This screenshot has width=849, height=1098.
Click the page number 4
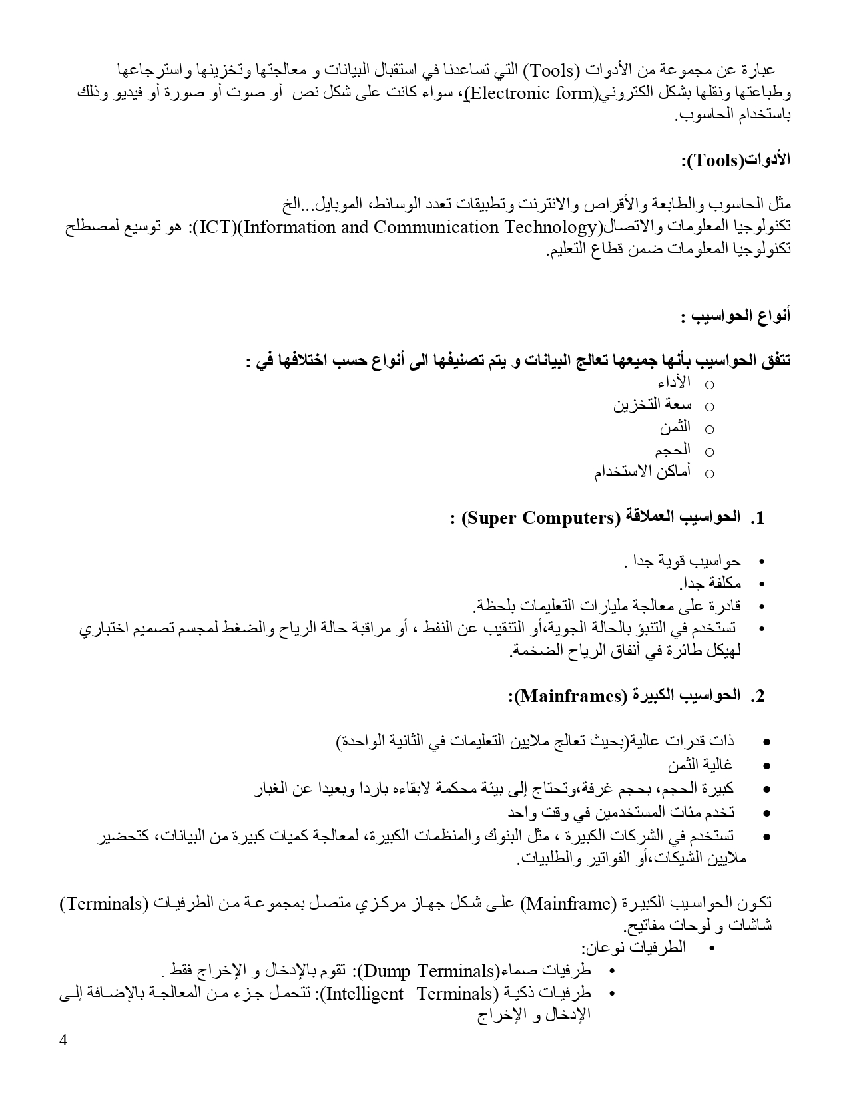[63, 1041]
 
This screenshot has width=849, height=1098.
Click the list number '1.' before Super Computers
[757, 518]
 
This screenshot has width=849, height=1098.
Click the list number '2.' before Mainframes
[757, 697]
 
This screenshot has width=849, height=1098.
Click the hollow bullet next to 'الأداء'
[709, 385]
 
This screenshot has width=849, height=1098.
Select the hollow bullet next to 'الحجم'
[709, 452]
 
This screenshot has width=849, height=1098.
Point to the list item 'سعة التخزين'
[652, 405]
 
